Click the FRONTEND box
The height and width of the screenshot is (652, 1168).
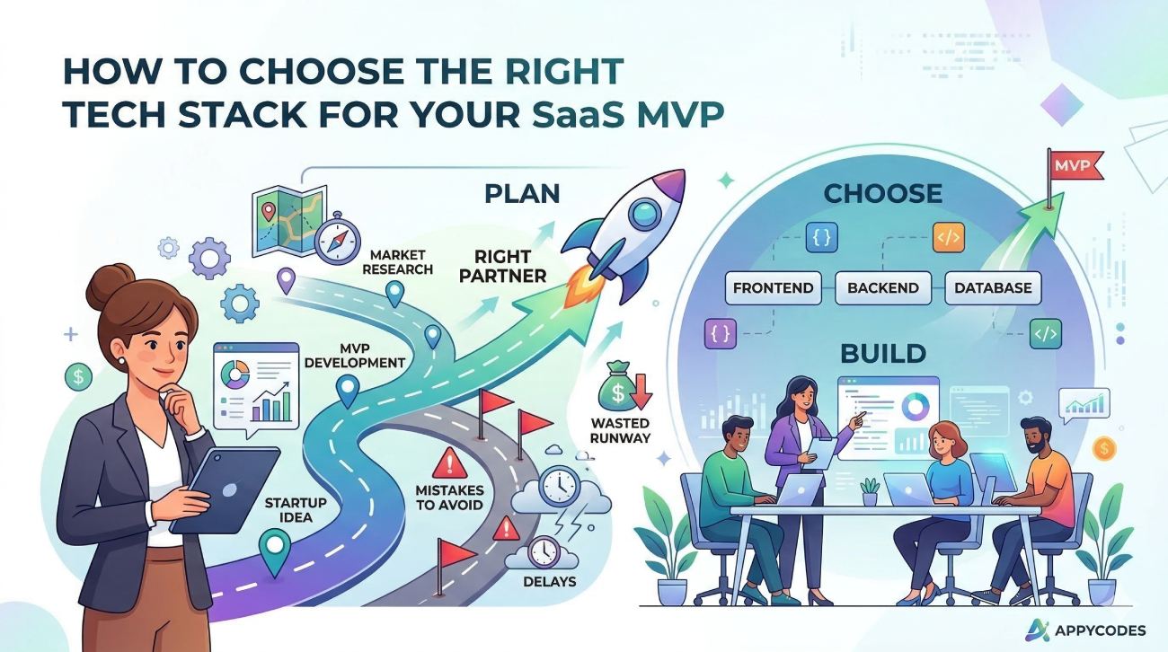[774, 288]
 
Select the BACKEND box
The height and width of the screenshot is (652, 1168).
[883, 288]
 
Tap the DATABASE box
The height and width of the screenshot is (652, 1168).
[993, 288]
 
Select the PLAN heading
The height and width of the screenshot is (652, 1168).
[521, 193]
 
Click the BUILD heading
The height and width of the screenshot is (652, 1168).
[881, 353]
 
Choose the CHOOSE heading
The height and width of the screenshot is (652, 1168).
[883, 193]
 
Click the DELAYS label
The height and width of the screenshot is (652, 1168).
[549, 581]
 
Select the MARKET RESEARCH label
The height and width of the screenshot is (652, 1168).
[400, 262]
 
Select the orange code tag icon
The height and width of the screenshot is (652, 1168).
[947, 238]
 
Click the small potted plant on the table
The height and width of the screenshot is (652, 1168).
[869, 490]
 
